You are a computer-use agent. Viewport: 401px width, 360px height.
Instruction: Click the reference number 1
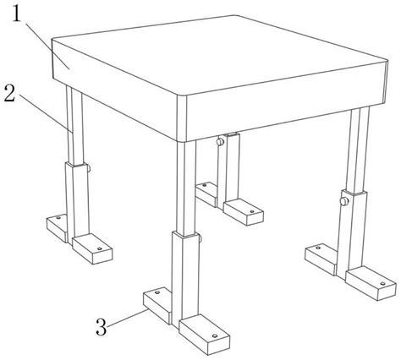click(17, 14)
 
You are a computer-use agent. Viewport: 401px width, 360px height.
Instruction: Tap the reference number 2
click(10, 94)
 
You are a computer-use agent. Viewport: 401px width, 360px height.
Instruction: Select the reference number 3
click(102, 327)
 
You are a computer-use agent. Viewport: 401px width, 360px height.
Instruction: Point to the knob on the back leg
click(220, 141)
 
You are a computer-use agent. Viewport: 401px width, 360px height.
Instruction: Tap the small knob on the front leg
click(200, 238)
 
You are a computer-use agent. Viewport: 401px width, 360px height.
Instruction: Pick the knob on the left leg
click(89, 168)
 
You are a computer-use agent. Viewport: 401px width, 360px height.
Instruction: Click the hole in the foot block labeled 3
click(157, 292)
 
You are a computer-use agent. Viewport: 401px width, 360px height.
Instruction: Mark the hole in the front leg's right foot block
click(215, 335)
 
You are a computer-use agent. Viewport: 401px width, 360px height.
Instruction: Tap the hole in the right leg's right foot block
click(382, 283)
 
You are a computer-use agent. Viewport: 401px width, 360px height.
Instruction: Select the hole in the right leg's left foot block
click(318, 248)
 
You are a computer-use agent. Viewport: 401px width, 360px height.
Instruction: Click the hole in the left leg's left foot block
click(58, 217)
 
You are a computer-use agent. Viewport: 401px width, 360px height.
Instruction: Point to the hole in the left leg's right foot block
click(99, 248)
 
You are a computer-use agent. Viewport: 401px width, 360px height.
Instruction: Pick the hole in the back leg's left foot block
click(205, 185)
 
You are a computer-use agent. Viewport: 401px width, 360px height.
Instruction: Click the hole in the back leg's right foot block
click(252, 211)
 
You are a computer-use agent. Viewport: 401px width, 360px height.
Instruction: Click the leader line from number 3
click(127, 318)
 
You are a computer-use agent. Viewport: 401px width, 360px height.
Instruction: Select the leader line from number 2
click(45, 113)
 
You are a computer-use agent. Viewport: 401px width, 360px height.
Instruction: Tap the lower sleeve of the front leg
click(185, 279)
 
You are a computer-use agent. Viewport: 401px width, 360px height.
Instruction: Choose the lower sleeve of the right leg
click(352, 234)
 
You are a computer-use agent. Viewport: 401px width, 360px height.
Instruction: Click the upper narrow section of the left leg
click(74, 124)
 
